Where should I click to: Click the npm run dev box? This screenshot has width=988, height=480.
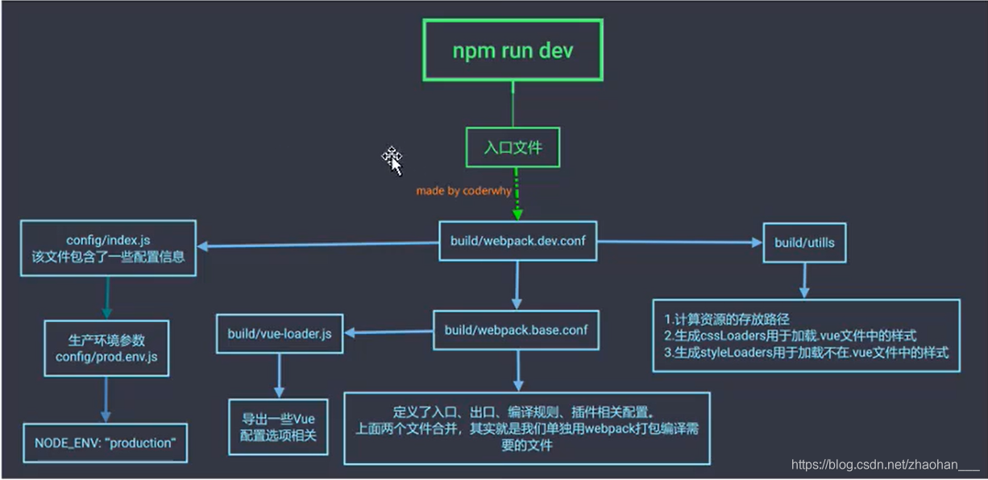[513, 50]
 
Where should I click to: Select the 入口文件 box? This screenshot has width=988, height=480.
[513, 148]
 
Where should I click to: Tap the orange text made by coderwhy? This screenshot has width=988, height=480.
[463, 192]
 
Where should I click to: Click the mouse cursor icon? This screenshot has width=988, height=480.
[392, 159]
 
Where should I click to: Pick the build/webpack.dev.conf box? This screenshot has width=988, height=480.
[517, 240]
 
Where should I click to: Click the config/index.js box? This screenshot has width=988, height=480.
[108, 247]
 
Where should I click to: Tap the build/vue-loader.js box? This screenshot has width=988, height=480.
[279, 333]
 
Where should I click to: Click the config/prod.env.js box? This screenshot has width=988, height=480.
[107, 348]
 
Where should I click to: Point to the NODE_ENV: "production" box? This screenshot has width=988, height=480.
[105, 443]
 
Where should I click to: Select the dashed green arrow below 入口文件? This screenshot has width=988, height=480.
[517, 194]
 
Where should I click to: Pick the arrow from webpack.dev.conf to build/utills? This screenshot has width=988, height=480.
[679, 241]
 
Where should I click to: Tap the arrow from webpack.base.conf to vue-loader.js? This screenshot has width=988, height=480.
[388, 333]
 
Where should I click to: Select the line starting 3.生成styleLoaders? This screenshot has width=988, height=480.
[805, 352]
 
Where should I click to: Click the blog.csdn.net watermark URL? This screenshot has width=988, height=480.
[885, 465]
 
